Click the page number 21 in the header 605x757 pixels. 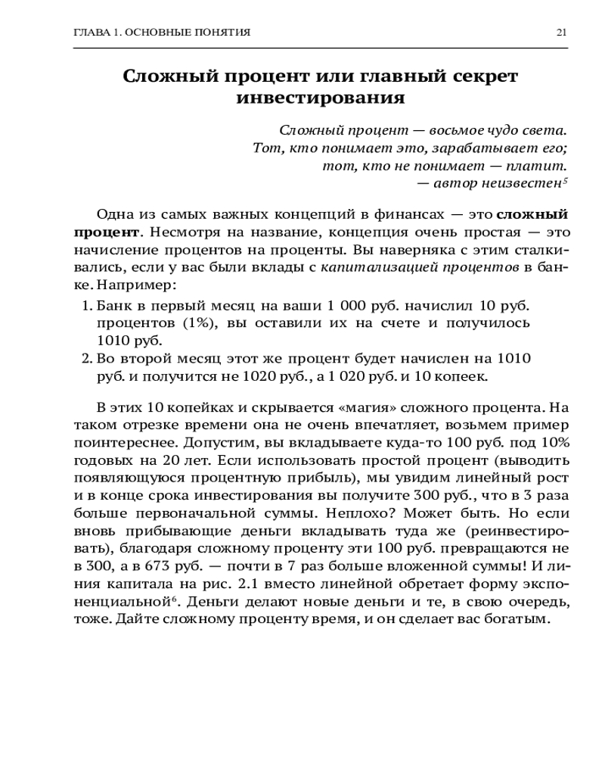click(561, 33)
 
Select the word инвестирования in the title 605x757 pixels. click(320, 98)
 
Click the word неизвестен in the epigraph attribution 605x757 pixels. click(522, 183)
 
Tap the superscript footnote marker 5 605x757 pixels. click(566, 180)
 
